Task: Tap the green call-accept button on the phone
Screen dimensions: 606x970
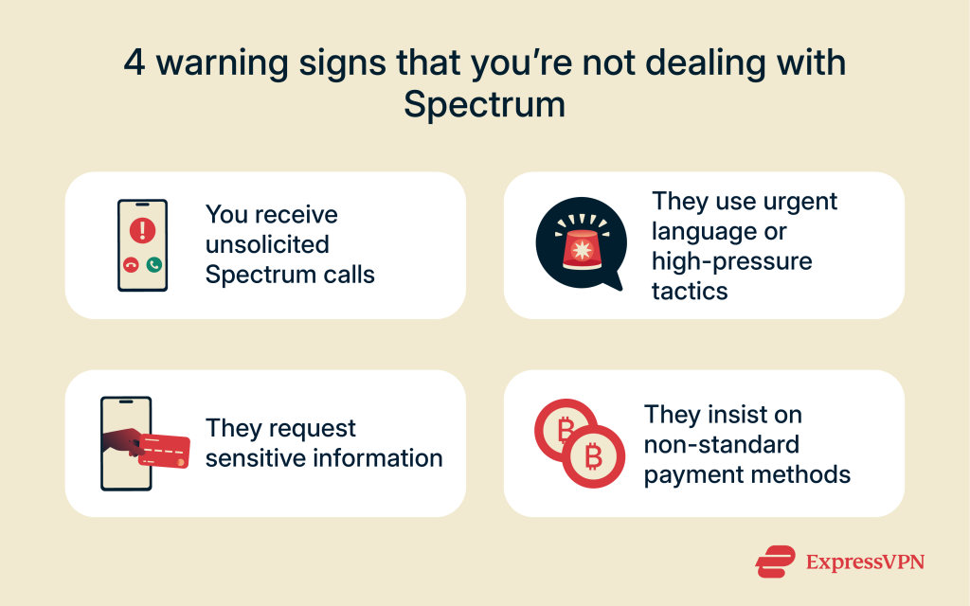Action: click(153, 265)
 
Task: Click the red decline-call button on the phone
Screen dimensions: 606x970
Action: click(131, 265)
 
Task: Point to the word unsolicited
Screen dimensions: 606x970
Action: click(267, 244)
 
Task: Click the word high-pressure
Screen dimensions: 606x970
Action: click(731, 260)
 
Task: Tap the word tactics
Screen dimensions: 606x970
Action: click(690, 290)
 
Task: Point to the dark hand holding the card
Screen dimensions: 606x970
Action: click(121, 440)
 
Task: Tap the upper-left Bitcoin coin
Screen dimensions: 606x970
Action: click(566, 431)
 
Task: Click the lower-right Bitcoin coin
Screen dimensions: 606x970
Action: click(594, 457)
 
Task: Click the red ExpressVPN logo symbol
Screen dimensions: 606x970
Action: click(776, 561)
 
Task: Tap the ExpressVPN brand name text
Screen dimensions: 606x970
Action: click(864, 561)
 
